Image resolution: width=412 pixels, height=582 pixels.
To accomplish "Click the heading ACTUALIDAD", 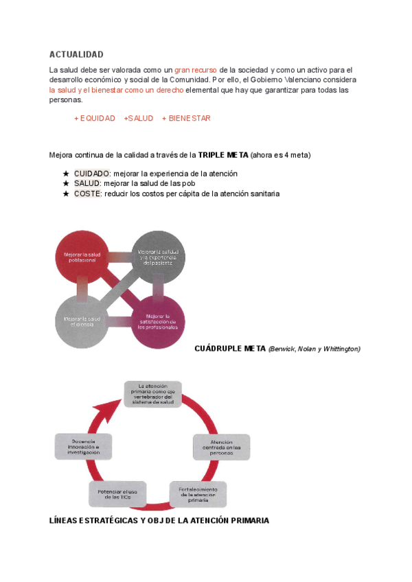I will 76,54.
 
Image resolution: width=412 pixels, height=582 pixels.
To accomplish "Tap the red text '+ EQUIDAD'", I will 95,118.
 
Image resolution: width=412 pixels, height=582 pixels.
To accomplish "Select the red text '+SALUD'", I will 139,118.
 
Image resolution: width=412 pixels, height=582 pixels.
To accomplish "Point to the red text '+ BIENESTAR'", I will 186,118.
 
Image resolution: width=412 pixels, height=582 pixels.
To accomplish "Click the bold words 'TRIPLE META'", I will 223,154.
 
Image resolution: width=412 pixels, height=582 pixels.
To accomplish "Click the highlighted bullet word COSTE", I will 87,194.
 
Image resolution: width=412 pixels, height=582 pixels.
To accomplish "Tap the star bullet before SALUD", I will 66,184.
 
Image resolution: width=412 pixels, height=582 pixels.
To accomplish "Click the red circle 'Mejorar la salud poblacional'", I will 82,257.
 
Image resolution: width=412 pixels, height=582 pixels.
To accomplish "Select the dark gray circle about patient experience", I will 159,257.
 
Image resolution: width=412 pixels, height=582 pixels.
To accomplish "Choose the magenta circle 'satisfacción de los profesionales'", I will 159,321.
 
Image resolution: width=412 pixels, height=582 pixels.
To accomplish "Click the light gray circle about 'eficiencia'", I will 82,321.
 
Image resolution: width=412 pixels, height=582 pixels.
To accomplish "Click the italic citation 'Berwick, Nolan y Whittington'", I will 314,349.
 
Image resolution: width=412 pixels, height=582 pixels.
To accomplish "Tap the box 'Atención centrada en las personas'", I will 220,446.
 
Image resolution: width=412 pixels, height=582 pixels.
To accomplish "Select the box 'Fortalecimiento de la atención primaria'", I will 198,494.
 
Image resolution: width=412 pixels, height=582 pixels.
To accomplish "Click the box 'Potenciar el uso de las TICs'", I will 117,494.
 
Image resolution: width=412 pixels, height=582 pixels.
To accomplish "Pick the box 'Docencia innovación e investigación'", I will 83,446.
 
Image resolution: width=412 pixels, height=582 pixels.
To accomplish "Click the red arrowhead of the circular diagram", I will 106,414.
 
